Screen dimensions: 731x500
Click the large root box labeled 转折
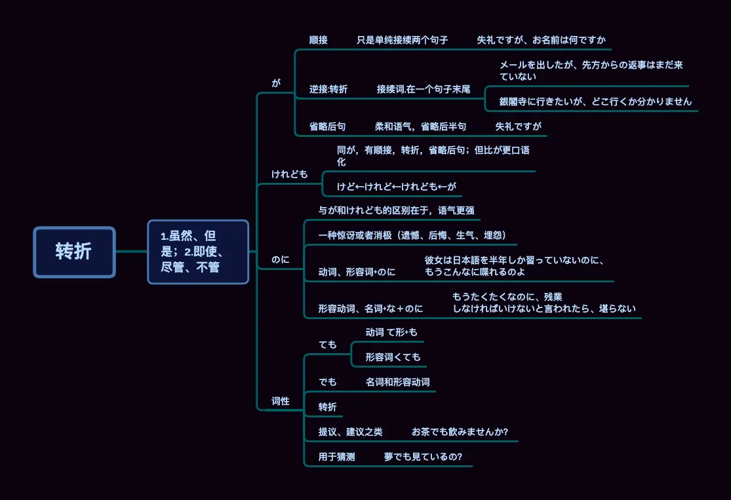[74, 252]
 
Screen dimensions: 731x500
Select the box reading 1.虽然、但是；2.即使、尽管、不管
[198, 252]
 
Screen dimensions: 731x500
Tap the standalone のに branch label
[280, 260]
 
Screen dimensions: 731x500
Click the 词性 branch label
[281, 401]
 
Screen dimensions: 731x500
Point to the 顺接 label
[319, 40]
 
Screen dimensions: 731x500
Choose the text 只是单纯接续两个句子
[403, 40]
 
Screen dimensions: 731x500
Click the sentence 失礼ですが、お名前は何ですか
[541, 40]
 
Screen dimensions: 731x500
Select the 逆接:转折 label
[328, 89]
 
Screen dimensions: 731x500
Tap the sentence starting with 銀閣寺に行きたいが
[595, 102]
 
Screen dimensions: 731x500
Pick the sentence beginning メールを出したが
[591, 71]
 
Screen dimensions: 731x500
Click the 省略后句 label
[328, 126]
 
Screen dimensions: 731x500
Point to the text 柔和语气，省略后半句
[421, 126]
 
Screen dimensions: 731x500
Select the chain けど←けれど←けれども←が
[396, 186]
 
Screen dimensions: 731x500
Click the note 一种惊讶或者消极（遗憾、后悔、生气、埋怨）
[412, 235]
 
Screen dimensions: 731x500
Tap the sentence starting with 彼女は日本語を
[514, 265]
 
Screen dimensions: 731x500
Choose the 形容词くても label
[393, 357]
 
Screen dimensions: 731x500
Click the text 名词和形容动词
[398, 382]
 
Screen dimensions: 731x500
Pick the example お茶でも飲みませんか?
[460, 432]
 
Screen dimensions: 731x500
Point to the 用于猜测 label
[336, 457]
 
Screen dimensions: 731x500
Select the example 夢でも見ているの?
[423, 457]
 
